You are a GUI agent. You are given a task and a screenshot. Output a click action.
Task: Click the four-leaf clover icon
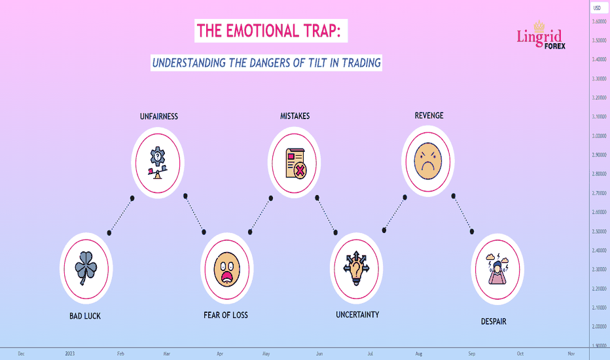pyautogui.click(x=86, y=268)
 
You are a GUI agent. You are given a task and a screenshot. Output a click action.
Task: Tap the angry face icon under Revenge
pyautogui.click(x=428, y=161)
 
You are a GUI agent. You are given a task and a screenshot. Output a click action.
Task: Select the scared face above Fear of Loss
pyautogui.click(x=227, y=269)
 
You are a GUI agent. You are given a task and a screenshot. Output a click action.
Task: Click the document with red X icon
pyautogui.click(x=296, y=163)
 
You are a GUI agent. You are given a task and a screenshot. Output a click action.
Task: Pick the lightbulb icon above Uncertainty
pyautogui.click(x=356, y=268)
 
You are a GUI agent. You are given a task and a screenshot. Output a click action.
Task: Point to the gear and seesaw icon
pyautogui.click(x=158, y=163)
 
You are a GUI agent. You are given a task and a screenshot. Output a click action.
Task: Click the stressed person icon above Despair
pyautogui.click(x=497, y=268)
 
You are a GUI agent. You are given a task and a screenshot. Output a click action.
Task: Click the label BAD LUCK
pyautogui.click(x=85, y=316)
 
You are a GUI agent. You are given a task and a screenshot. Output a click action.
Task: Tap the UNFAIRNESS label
pyautogui.click(x=159, y=117)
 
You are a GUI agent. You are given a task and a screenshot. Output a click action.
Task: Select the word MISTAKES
pyautogui.click(x=295, y=116)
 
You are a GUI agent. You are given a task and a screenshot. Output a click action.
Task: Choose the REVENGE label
pyautogui.click(x=429, y=116)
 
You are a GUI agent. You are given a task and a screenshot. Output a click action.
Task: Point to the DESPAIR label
pyautogui.click(x=493, y=321)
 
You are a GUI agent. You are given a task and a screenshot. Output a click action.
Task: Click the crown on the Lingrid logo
pyautogui.click(x=539, y=26)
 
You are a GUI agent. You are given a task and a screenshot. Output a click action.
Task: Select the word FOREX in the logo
pyautogui.click(x=555, y=46)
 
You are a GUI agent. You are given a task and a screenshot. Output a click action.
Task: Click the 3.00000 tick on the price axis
pyautogui.click(x=599, y=136)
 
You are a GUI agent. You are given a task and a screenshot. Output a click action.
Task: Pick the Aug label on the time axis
pyautogui.click(x=419, y=353)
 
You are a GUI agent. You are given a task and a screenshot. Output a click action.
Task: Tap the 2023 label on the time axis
pyautogui.click(x=69, y=353)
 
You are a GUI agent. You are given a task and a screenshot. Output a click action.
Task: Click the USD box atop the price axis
pyautogui.click(x=598, y=8)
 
